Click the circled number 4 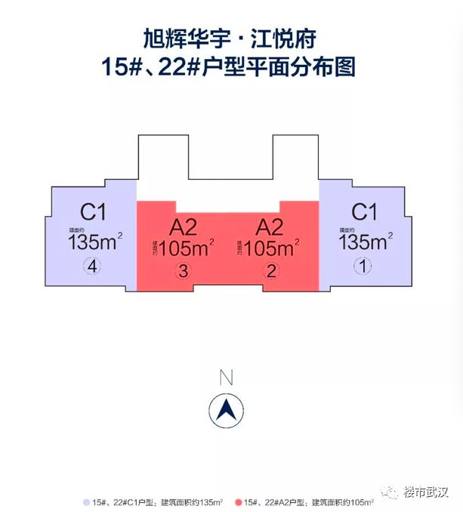pos(93,266)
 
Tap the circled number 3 pos(184,271)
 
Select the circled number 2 pos(270,271)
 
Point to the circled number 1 pos(364,266)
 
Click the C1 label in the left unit pos(93,211)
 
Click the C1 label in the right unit pos(364,211)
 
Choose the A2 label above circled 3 pos(184,227)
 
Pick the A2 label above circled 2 pos(270,227)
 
